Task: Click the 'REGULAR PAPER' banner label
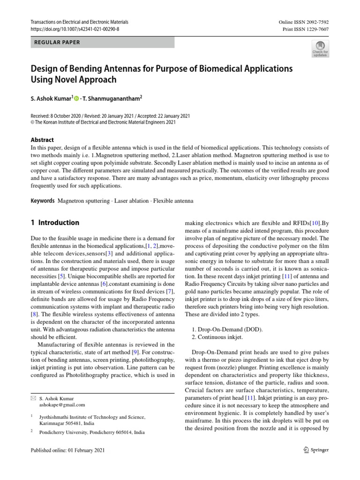click(57, 43)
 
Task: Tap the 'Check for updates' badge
click(320, 49)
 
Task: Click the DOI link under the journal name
click(75, 29)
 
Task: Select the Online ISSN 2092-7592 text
click(303, 22)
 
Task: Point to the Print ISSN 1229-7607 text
click(305, 29)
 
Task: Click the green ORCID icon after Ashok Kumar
click(76, 98)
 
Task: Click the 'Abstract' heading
click(42, 140)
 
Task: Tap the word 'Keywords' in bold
click(43, 201)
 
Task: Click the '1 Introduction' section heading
click(55, 223)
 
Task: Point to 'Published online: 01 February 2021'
click(67, 450)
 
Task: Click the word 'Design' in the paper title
click(45, 69)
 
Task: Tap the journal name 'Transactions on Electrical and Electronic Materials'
click(79, 22)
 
